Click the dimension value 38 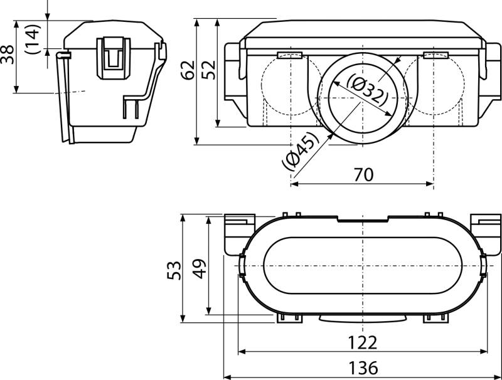pyautogui.click(x=7, y=55)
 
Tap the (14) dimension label pyautogui.click(x=33, y=39)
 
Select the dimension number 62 pyautogui.click(x=188, y=70)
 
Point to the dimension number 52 pyautogui.click(x=209, y=70)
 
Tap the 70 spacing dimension pyautogui.click(x=363, y=175)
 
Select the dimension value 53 pyautogui.click(x=174, y=271)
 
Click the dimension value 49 pyautogui.click(x=200, y=268)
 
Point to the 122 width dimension pyautogui.click(x=363, y=342)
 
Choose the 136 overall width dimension pyautogui.click(x=363, y=368)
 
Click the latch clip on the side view pyautogui.click(x=114, y=58)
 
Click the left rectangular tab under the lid pyautogui.click(x=290, y=55)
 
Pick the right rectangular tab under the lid pyautogui.click(x=435, y=55)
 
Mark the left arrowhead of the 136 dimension pyautogui.click(x=227, y=377)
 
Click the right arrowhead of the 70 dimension pyautogui.click(x=430, y=184)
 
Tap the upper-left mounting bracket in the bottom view pyautogui.click(x=240, y=235)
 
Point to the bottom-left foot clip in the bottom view pyautogui.click(x=289, y=318)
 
